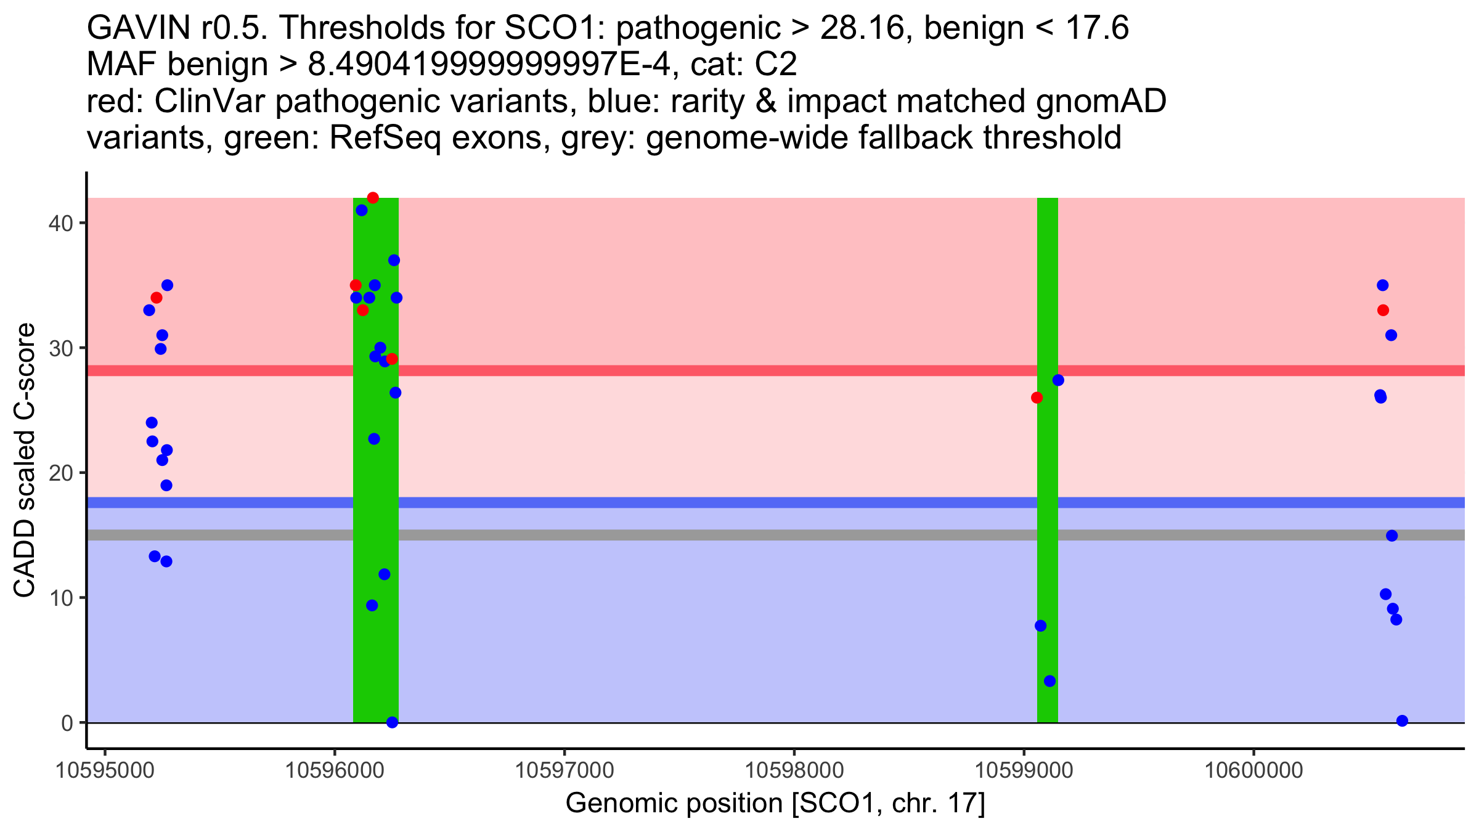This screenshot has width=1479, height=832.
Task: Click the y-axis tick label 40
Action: (60, 223)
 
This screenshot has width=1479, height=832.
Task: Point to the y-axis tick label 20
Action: (60, 473)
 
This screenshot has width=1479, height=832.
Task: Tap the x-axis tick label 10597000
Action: (564, 770)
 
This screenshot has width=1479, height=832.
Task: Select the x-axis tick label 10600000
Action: (1253, 770)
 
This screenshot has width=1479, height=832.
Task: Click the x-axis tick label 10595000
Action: (105, 770)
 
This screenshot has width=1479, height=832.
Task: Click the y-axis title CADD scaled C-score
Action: (25, 460)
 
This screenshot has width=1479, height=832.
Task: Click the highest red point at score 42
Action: (373, 198)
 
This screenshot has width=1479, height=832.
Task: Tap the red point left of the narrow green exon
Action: (1037, 398)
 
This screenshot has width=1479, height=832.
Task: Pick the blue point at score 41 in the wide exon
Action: (362, 210)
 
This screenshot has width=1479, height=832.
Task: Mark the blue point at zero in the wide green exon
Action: (392, 722)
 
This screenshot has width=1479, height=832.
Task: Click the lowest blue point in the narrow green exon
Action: (1049, 681)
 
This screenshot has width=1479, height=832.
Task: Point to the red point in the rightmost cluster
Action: (1383, 310)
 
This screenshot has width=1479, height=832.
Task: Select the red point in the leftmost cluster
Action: (157, 298)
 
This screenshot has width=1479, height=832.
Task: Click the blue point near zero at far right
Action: (1402, 720)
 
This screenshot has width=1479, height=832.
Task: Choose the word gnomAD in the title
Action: (1101, 102)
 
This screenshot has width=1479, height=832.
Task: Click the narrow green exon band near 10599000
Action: (1048, 460)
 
